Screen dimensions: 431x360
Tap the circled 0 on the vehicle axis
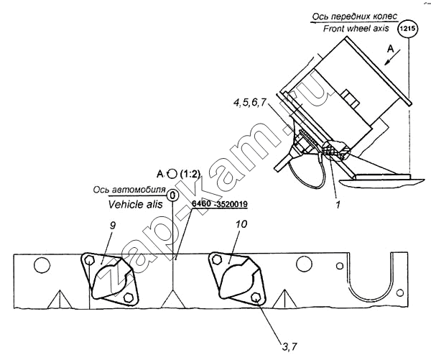coord(172,196)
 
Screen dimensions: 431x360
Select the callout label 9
coord(113,225)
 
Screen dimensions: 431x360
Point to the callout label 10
coord(241,224)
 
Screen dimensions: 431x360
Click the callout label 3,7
coord(289,347)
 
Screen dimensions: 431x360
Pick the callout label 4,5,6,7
coord(250,103)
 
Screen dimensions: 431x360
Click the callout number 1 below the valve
coord(338,204)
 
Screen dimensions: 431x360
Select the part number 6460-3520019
coord(220,204)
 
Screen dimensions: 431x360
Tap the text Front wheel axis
coord(356,28)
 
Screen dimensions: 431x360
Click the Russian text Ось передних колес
coord(355,17)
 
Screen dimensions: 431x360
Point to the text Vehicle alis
coord(136,204)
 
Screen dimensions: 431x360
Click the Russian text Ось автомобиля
coord(129,190)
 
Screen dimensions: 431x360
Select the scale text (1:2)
coord(190,174)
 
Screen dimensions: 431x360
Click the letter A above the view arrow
coord(390,50)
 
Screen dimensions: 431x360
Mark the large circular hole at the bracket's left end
coord(42,266)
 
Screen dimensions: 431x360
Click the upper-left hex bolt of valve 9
coord(89,260)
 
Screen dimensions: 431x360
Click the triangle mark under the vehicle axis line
coord(173,299)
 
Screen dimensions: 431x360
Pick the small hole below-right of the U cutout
coord(401,292)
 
